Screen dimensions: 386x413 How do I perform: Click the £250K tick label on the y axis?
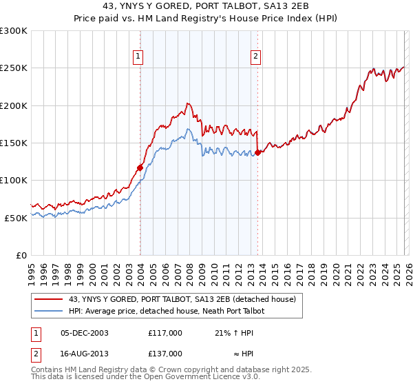click(x=14, y=68)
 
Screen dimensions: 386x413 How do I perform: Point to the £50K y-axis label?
click(x=16, y=218)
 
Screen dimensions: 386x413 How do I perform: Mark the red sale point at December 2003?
click(x=140, y=167)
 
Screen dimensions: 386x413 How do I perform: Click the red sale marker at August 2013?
click(x=257, y=152)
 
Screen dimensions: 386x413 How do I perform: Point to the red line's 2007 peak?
click(x=187, y=104)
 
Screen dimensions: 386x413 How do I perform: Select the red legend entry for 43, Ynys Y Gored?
click(x=182, y=299)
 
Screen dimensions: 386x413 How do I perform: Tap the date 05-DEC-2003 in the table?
click(x=85, y=333)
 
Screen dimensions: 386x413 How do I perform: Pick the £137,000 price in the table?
click(x=165, y=353)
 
